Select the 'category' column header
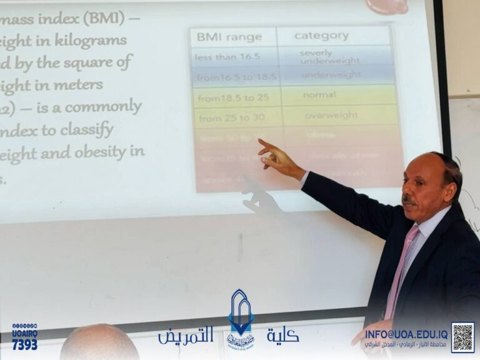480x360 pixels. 321,36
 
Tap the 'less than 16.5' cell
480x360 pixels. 219,57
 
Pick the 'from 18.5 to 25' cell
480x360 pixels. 226,98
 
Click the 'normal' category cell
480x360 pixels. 319,95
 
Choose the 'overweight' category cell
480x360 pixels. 331,115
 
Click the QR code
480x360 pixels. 462,337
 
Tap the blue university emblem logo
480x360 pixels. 241,319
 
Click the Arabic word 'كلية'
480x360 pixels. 282,336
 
